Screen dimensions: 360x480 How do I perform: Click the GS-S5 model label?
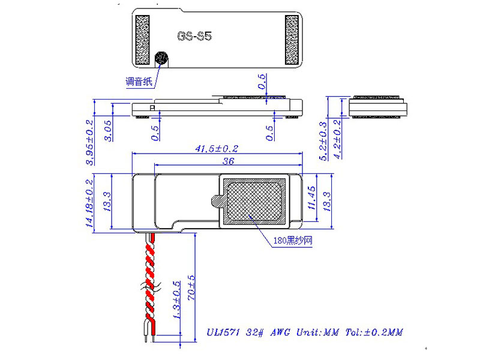click(x=194, y=36)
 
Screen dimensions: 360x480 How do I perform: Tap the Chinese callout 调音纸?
click(x=139, y=82)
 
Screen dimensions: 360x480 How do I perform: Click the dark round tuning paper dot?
click(x=161, y=58)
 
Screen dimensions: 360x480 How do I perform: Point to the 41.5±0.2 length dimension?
click(x=217, y=148)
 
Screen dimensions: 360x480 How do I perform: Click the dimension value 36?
click(x=228, y=161)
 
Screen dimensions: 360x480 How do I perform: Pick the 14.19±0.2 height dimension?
click(x=90, y=203)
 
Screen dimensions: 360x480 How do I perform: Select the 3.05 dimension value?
click(x=108, y=130)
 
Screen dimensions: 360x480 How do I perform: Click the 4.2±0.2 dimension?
click(x=337, y=140)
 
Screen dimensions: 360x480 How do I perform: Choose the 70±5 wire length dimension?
click(x=191, y=289)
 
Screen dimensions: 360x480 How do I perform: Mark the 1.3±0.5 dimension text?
click(x=177, y=300)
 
